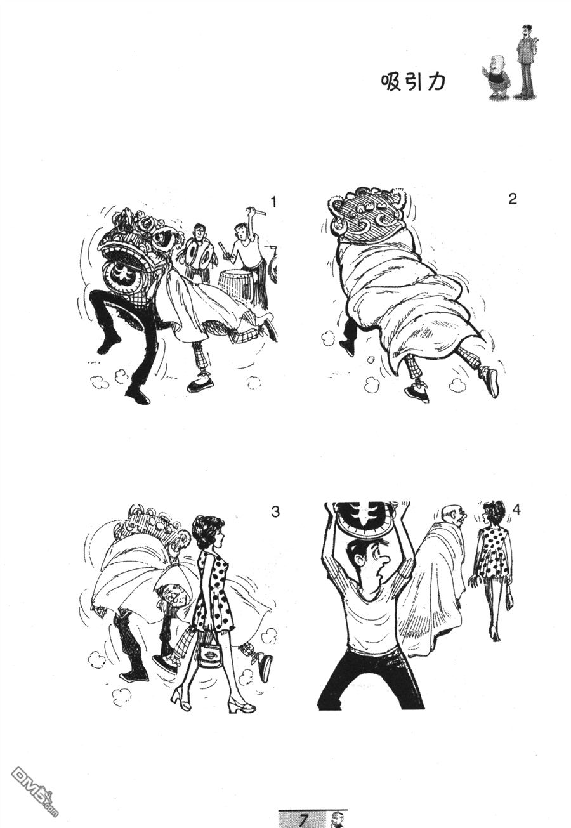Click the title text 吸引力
[x=413, y=82]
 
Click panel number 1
[x=273, y=202]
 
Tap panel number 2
[x=513, y=199]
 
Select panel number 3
[x=275, y=512]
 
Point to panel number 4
[x=516, y=509]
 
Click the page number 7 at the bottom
[x=303, y=819]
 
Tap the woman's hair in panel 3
[x=207, y=530]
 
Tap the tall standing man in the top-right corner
[x=526, y=61]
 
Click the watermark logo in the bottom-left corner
[x=35, y=785]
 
